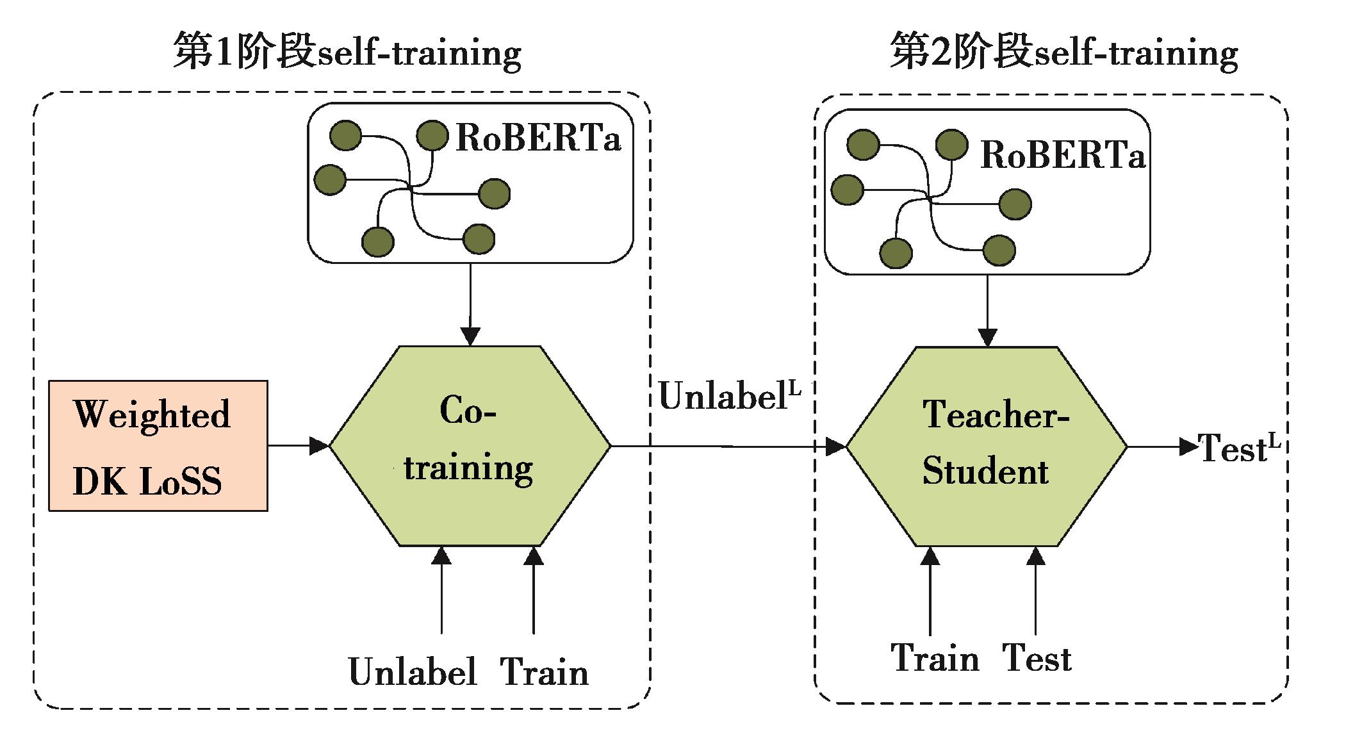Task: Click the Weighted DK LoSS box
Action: [x=158, y=446]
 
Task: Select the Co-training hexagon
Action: [x=470, y=446]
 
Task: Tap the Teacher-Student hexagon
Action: [x=987, y=446]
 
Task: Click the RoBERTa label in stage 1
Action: [x=538, y=138]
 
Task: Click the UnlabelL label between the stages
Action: [x=729, y=396]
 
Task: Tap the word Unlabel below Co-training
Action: [x=413, y=672]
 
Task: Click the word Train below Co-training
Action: [x=544, y=672]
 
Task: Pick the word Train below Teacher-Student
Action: [x=935, y=658]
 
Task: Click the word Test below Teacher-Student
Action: [x=1037, y=658]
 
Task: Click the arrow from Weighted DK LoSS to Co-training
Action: [x=298, y=445]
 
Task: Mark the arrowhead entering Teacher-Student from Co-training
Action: [x=835, y=447]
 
